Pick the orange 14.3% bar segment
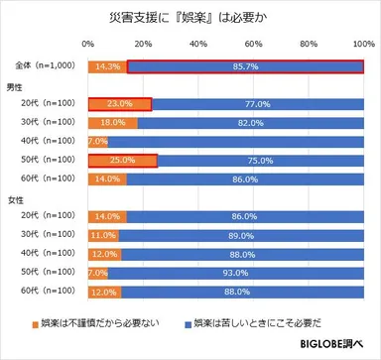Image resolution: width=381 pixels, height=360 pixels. coord(107,66)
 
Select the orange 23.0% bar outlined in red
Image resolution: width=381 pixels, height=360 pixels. coord(119,103)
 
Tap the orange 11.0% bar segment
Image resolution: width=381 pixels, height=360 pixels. coord(102,235)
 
